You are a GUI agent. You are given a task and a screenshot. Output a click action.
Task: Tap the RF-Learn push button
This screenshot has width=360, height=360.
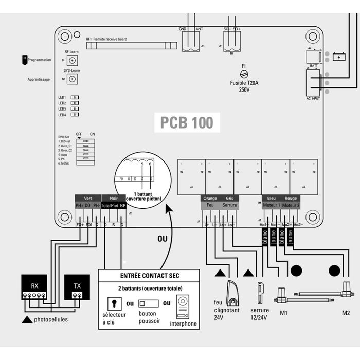tap(72, 61)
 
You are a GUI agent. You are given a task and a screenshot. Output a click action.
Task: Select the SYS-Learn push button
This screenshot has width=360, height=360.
tap(72, 79)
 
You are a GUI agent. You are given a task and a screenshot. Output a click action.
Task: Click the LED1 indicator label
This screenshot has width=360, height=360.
tap(62, 97)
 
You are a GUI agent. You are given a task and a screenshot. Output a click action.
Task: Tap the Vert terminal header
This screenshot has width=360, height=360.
tap(87, 197)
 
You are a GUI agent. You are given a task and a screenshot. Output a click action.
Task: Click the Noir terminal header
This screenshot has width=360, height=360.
tap(113, 197)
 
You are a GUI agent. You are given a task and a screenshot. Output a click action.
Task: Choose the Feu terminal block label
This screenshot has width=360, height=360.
tap(210, 205)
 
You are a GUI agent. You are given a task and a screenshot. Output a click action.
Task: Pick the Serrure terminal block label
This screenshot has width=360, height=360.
tap(229, 205)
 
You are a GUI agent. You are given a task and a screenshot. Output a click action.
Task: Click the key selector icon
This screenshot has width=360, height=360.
tap(111, 303)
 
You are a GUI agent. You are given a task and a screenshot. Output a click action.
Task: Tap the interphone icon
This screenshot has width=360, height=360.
tap(184, 305)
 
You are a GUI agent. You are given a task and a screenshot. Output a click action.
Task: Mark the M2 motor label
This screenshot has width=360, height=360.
tap(345, 312)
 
